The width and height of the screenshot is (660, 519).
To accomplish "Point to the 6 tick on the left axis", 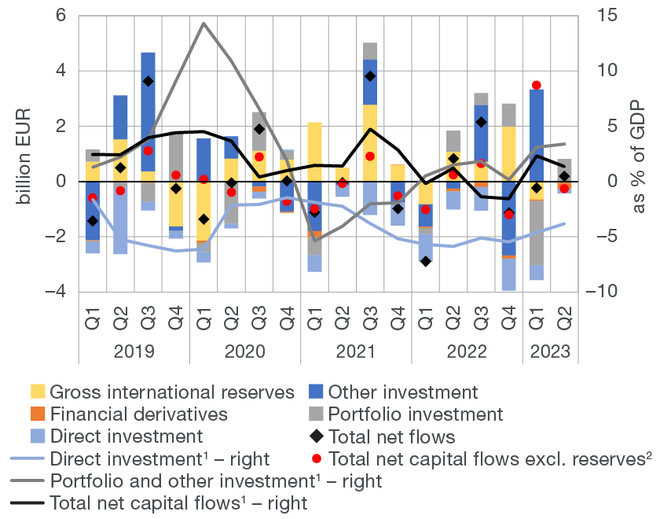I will pos(60,16).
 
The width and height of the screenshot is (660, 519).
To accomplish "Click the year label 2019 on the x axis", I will pos(134,351).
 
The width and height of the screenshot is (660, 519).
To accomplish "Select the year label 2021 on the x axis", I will pos(357,351).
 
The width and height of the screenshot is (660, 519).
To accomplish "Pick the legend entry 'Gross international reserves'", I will pos(171,392).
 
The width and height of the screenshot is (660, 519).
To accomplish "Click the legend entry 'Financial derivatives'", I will pos(138,414).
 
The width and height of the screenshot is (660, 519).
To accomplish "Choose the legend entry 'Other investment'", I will pos(402,392).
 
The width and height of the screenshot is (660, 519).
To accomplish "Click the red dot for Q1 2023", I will pos(537,85).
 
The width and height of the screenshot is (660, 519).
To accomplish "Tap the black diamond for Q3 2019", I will pos(148,81).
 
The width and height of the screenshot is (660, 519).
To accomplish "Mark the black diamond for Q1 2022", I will pos(425,261).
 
